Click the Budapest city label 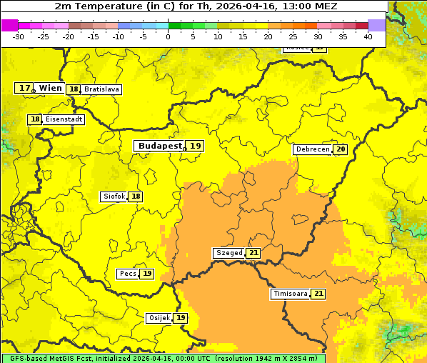pos(160,146)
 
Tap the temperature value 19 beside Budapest pos(196,146)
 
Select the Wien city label pos(50,88)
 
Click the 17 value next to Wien pos(24,88)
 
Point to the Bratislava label pos(101,89)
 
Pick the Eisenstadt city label pos(64,119)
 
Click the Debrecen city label pos(312,149)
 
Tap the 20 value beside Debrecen pos(341,149)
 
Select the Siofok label pos(114,197)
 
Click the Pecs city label pos(128,274)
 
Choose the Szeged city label pos(228,253)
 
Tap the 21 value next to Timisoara pos(318,294)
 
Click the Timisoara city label pos(291,294)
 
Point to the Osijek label pos(159,317)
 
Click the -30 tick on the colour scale pos(19,36)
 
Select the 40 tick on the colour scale pos(368,36)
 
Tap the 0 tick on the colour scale pos(168,36)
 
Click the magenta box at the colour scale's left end pos(9,25)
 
